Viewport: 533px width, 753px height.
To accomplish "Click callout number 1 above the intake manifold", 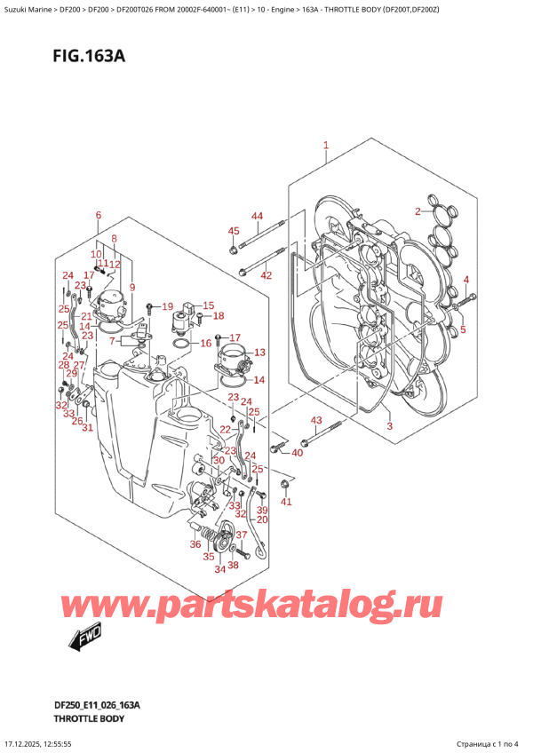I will coord(326,145).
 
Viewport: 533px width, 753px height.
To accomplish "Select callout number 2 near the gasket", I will coord(417,210).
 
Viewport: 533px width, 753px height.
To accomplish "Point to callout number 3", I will coord(388,427).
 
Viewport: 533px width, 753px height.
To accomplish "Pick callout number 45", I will coord(235,232).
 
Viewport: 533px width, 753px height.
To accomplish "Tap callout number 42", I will coord(265,276).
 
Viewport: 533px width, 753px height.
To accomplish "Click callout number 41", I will coord(285,503).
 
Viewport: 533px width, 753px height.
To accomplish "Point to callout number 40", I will coord(297,453).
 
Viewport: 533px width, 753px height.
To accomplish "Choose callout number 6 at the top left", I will coord(98,216).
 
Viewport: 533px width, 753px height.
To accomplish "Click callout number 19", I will coord(167,306).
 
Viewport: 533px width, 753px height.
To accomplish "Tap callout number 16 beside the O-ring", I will coord(205,343).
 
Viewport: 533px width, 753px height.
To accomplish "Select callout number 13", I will coord(259,353).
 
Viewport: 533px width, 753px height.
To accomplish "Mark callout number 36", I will coord(195,544).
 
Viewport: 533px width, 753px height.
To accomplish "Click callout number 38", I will coord(233,565).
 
